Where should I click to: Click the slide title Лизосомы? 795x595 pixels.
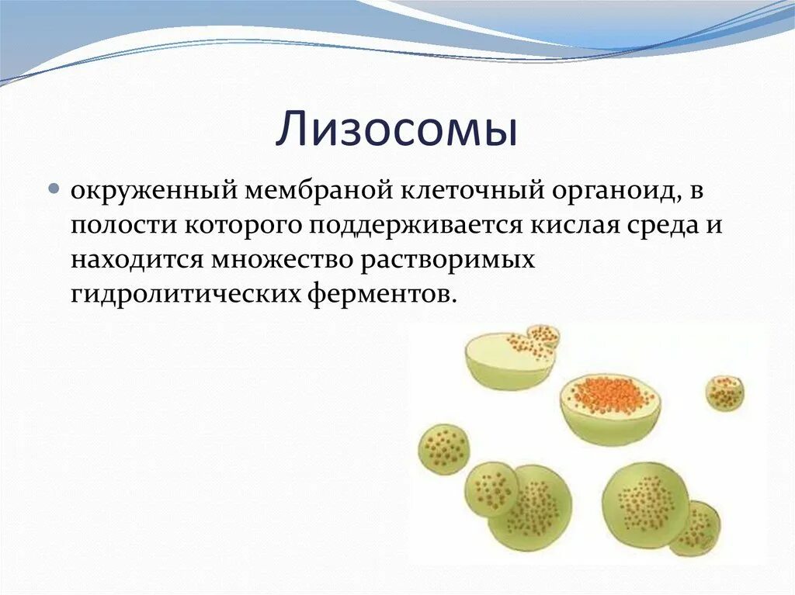[x=397, y=130]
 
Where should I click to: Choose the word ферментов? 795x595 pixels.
[x=379, y=294]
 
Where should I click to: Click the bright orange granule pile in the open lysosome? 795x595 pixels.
[x=609, y=394]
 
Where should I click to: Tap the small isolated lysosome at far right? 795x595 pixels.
[x=724, y=393]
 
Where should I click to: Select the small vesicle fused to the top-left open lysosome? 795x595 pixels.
[x=543, y=337]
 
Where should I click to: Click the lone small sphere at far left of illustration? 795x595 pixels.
[x=444, y=448]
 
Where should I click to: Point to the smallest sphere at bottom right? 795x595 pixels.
[x=696, y=528]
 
